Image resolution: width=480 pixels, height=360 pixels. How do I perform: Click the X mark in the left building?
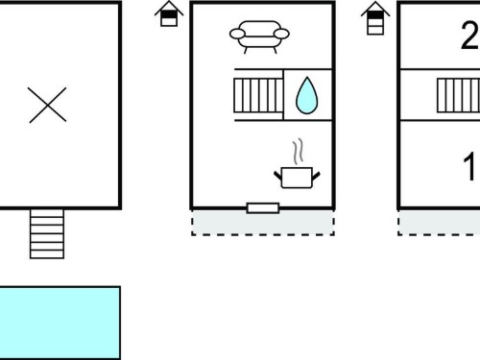(47, 105)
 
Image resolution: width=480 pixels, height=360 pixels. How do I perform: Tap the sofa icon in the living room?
(259, 36)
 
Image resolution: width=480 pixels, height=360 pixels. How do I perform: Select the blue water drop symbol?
(307, 95)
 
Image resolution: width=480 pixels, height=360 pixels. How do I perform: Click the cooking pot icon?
(297, 178)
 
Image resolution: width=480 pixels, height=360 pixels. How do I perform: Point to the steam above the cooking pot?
(298, 152)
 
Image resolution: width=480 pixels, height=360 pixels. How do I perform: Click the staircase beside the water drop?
(258, 95)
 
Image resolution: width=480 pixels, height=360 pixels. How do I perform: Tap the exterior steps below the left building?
(47, 234)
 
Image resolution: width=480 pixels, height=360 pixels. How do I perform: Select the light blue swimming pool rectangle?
(60, 323)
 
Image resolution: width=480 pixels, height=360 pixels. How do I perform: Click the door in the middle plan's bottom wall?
(263, 208)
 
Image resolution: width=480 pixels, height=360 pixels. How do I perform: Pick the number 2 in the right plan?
(470, 36)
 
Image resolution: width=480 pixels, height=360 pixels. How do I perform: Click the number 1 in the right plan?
(469, 167)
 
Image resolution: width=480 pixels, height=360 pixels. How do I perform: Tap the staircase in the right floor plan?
(459, 95)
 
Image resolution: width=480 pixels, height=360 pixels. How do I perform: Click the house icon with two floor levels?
(169, 13)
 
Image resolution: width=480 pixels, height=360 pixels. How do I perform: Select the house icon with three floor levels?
(375, 18)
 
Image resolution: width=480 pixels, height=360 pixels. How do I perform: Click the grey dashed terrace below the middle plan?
(263, 223)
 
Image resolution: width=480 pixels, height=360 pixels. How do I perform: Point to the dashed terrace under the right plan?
(439, 223)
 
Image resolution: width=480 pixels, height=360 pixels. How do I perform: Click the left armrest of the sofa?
(237, 34)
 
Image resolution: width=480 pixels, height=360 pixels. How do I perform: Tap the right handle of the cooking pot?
(316, 176)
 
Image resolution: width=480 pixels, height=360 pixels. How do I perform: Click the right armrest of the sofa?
(281, 34)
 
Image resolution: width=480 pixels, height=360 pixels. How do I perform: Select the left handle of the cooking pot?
(277, 176)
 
